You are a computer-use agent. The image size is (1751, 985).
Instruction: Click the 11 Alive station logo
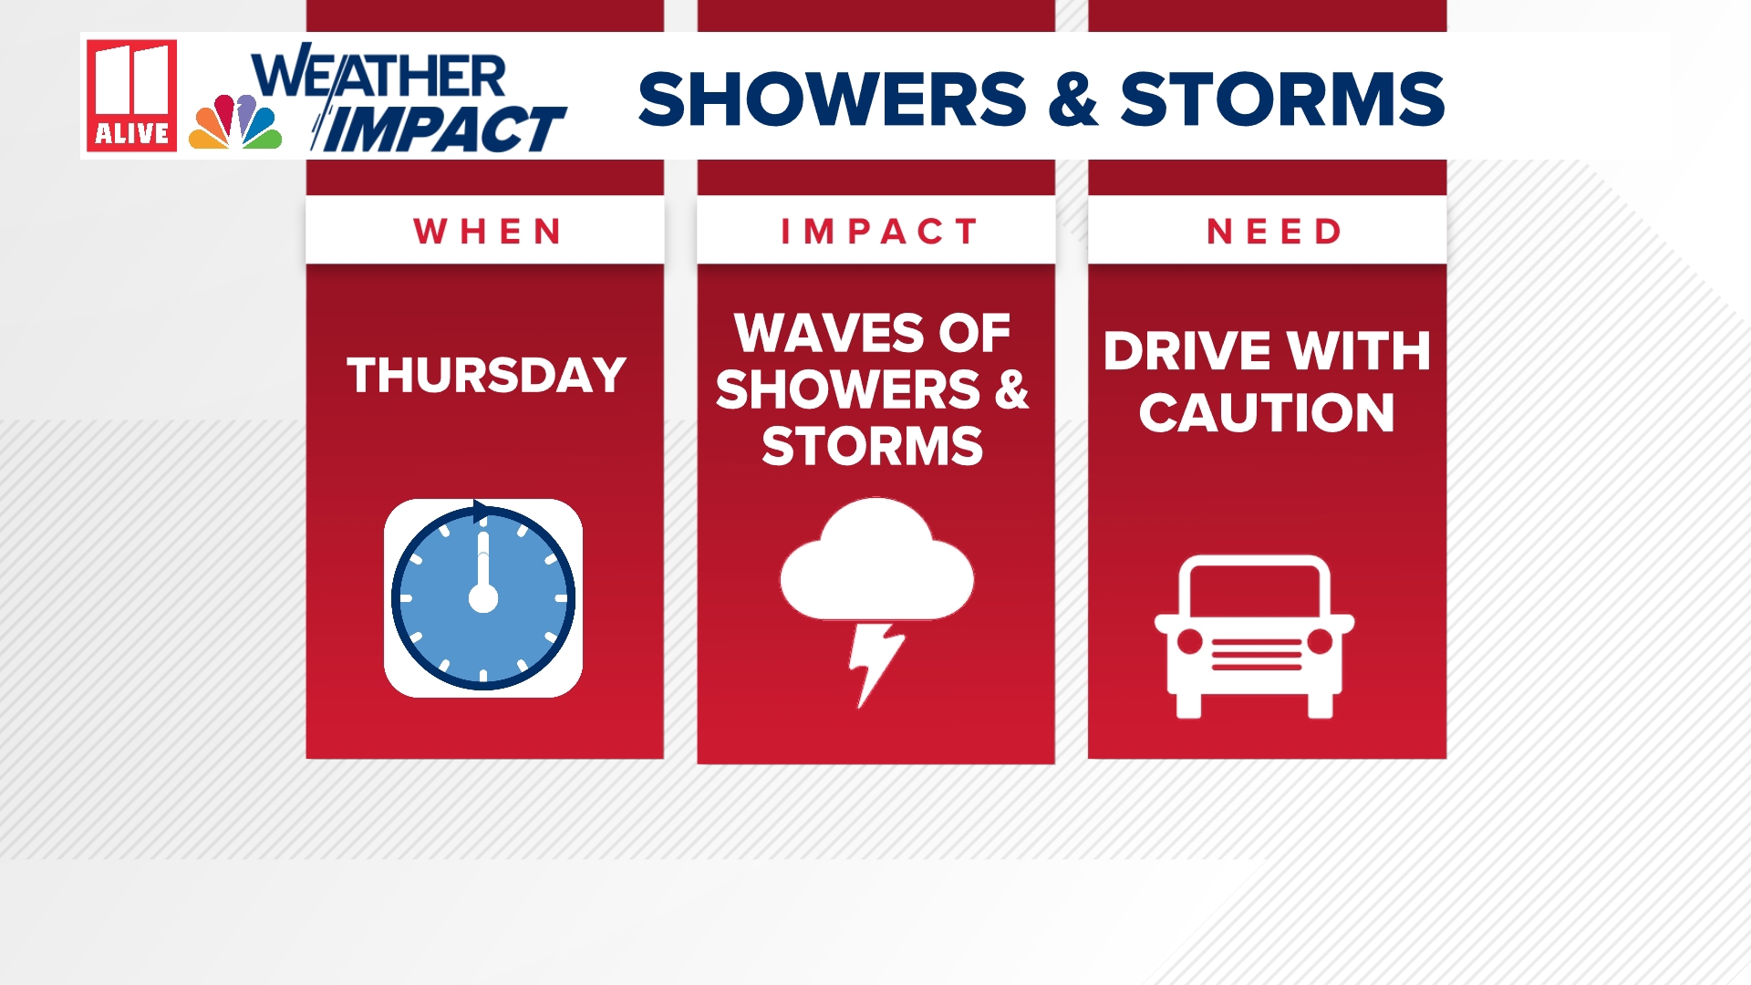point(132,96)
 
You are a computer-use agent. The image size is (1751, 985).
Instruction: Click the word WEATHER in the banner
point(378,73)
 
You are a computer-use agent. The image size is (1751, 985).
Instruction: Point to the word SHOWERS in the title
point(833,98)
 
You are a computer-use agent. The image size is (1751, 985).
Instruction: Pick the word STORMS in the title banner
point(1282,98)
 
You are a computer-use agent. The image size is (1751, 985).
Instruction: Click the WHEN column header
point(487,232)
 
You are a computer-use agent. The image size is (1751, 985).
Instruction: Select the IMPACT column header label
point(878,232)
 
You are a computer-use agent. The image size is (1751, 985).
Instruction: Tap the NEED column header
point(1274,232)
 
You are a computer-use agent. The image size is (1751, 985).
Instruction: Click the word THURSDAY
point(486,375)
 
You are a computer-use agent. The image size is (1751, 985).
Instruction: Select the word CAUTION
point(1267,412)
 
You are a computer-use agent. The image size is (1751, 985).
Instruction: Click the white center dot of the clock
point(483,598)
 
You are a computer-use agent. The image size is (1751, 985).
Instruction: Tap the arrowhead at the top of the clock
point(482,512)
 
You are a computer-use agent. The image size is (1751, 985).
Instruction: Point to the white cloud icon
point(876,559)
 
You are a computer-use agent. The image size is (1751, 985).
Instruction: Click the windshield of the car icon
point(1255,589)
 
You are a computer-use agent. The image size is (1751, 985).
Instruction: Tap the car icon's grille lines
point(1255,654)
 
